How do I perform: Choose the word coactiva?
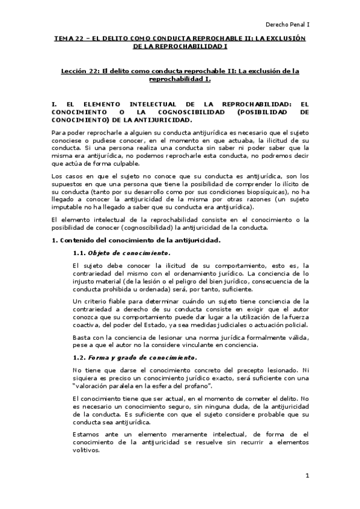86,325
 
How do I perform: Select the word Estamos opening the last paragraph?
88,433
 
